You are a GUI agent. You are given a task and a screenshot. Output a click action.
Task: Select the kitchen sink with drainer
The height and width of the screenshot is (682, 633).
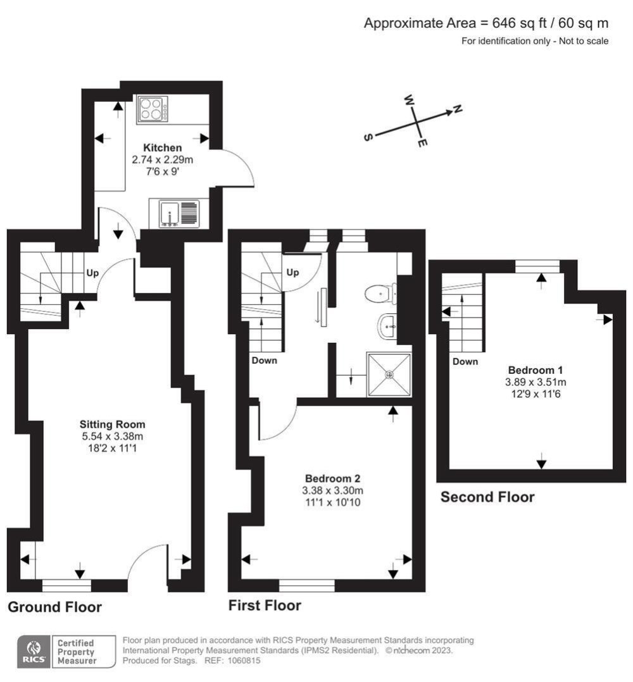tap(174, 213)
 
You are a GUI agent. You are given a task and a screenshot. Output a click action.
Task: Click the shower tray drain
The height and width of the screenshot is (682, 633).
tap(389, 375)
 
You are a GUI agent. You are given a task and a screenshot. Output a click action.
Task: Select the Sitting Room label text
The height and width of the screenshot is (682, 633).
tap(112, 424)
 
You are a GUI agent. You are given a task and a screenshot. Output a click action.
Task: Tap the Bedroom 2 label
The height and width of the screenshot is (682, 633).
tap(334, 478)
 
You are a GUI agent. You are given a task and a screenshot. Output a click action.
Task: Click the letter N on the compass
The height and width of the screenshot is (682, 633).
tap(458, 109)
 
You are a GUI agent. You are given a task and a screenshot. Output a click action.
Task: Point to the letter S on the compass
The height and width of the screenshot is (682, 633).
tap(368, 137)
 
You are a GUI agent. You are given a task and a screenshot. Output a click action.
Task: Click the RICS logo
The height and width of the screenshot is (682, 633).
tap(32, 651)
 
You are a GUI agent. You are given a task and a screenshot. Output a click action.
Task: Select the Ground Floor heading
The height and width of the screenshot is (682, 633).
tap(54, 607)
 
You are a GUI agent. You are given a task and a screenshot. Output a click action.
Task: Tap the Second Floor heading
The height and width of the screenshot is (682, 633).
tap(487, 497)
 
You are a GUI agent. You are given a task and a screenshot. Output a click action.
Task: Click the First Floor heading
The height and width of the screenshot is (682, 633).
tap(265, 605)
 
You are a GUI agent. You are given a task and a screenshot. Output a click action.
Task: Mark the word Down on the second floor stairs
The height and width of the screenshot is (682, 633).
tap(465, 362)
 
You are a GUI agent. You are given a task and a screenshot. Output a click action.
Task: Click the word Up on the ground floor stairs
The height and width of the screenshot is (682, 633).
tap(92, 274)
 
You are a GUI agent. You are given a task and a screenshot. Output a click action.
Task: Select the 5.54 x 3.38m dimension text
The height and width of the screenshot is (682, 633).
tap(112, 436)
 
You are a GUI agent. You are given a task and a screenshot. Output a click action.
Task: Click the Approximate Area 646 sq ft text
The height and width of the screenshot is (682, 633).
tap(486, 23)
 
